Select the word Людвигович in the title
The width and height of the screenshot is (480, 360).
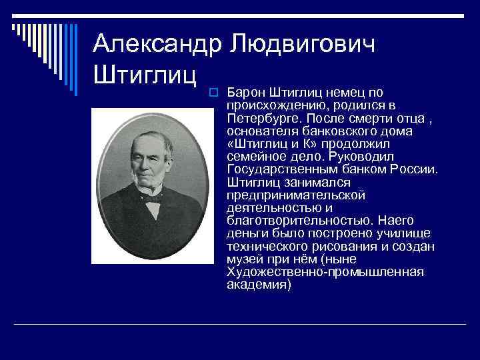pos(303,43)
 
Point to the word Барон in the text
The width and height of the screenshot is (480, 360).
pos(244,91)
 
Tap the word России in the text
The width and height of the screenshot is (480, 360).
pos(416,169)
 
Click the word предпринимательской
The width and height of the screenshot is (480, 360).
pos(295,195)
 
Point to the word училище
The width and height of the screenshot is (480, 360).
pos(407,233)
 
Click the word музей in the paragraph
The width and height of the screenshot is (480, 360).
pos(243,259)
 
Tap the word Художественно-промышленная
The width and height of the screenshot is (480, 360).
pos(316,271)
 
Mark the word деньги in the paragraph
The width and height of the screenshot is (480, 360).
pos(245,233)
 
